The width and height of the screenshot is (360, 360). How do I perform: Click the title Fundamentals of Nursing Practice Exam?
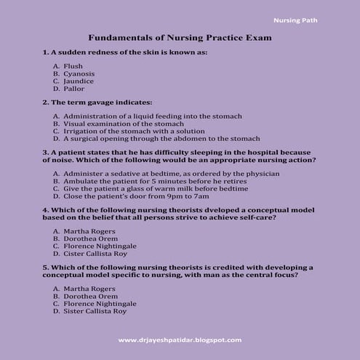179,36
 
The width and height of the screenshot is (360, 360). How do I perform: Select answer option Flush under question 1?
73,66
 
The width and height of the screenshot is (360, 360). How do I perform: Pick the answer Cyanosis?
79,73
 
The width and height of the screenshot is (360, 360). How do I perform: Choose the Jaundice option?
79,81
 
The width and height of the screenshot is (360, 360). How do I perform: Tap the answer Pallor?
74,89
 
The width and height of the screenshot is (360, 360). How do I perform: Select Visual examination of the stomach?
124,124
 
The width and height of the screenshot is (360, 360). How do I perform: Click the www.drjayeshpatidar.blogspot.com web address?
179,340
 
